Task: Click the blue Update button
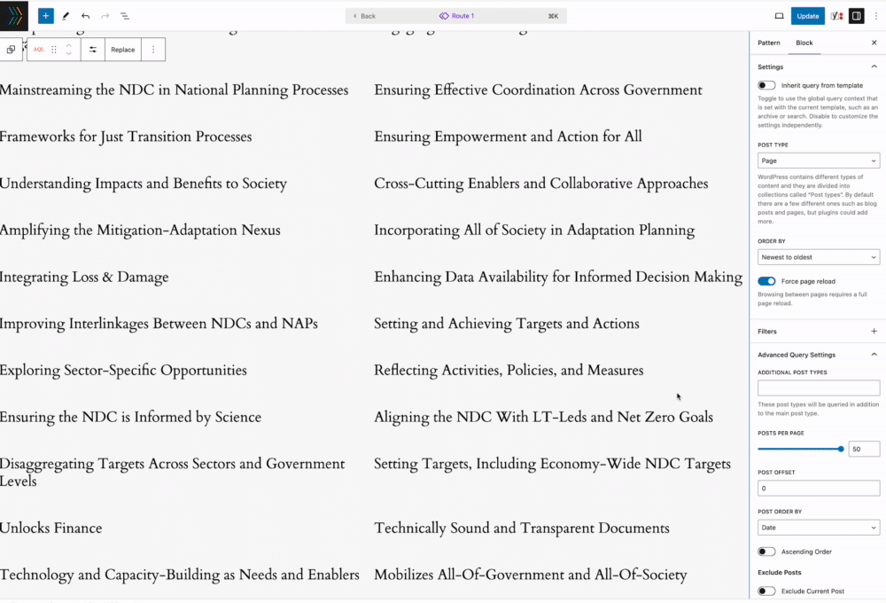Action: (808, 16)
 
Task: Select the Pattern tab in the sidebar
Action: (769, 43)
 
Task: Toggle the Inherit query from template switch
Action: (766, 85)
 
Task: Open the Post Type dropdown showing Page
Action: (819, 161)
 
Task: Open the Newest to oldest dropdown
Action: (819, 257)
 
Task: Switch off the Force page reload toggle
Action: (766, 281)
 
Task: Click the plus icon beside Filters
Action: (874, 332)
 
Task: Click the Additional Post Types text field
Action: (819, 388)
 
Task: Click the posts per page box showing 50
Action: (863, 449)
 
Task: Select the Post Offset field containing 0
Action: (819, 489)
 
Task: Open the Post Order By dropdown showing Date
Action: (819, 528)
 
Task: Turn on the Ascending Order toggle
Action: (766, 552)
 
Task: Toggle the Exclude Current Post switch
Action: (766, 591)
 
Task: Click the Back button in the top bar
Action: (364, 16)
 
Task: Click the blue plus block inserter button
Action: (46, 16)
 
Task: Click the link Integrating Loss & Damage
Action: (84, 278)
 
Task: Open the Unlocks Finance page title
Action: (51, 529)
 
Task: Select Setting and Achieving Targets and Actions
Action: (506, 324)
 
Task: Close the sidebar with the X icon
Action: (874, 43)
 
